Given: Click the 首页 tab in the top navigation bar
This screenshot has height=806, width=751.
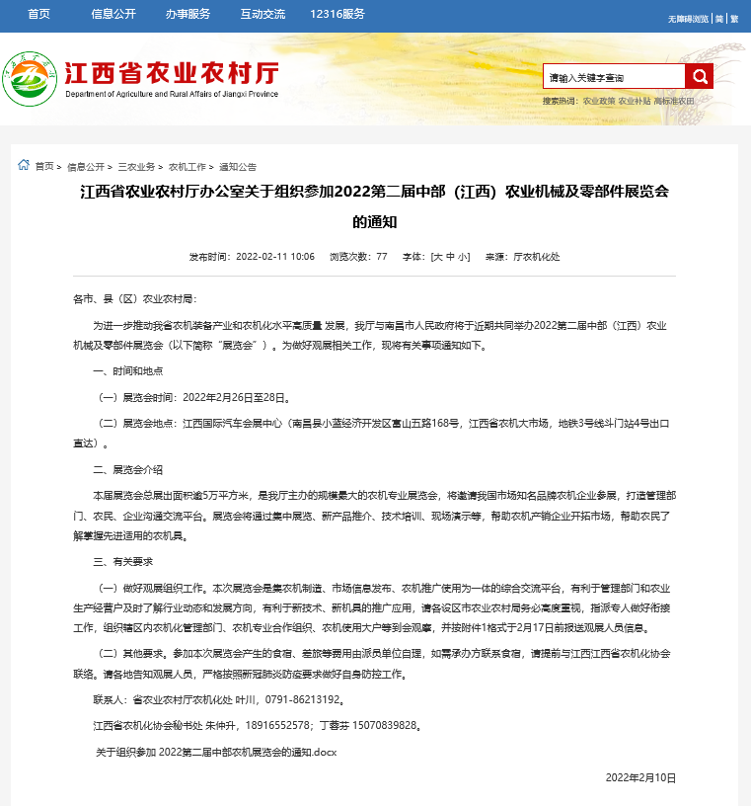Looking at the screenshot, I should tap(39, 14).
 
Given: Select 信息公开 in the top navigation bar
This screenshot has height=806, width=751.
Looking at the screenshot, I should tap(113, 14).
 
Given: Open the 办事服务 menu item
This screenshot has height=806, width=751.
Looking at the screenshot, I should tap(188, 14).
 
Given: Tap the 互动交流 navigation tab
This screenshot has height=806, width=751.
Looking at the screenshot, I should tap(262, 14).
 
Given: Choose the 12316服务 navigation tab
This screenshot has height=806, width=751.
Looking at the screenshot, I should tap(337, 14).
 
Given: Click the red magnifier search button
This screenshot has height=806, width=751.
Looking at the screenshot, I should tap(700, 76).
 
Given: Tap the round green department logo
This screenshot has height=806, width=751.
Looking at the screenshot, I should tap(30, 77).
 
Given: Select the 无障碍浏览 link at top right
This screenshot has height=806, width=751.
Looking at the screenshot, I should tap(688, 19).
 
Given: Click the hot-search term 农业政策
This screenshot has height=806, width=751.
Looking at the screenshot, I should tap(599, 101).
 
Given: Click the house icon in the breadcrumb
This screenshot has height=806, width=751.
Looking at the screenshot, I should tap(24, 165).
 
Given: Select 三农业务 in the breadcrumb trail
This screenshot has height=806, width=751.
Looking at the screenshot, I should tap(137, 167).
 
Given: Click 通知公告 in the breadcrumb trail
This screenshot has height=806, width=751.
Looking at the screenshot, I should tap(238, 167).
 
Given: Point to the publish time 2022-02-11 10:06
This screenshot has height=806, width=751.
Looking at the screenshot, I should tap(275, 257).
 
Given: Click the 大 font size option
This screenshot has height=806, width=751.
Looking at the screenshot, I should tap(436, 257).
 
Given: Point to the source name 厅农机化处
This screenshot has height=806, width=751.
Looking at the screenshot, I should tap(537, 257).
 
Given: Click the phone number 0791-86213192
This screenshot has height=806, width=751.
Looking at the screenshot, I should tap(305, 699).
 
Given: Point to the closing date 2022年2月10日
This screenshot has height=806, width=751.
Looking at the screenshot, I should tap(640, 777).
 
